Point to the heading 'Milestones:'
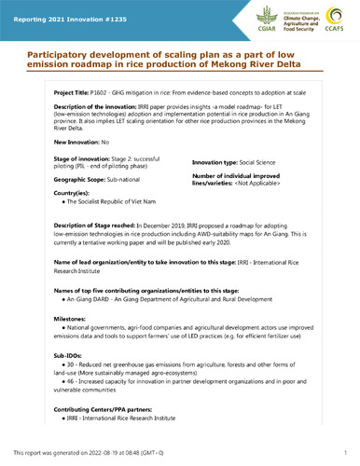73,319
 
